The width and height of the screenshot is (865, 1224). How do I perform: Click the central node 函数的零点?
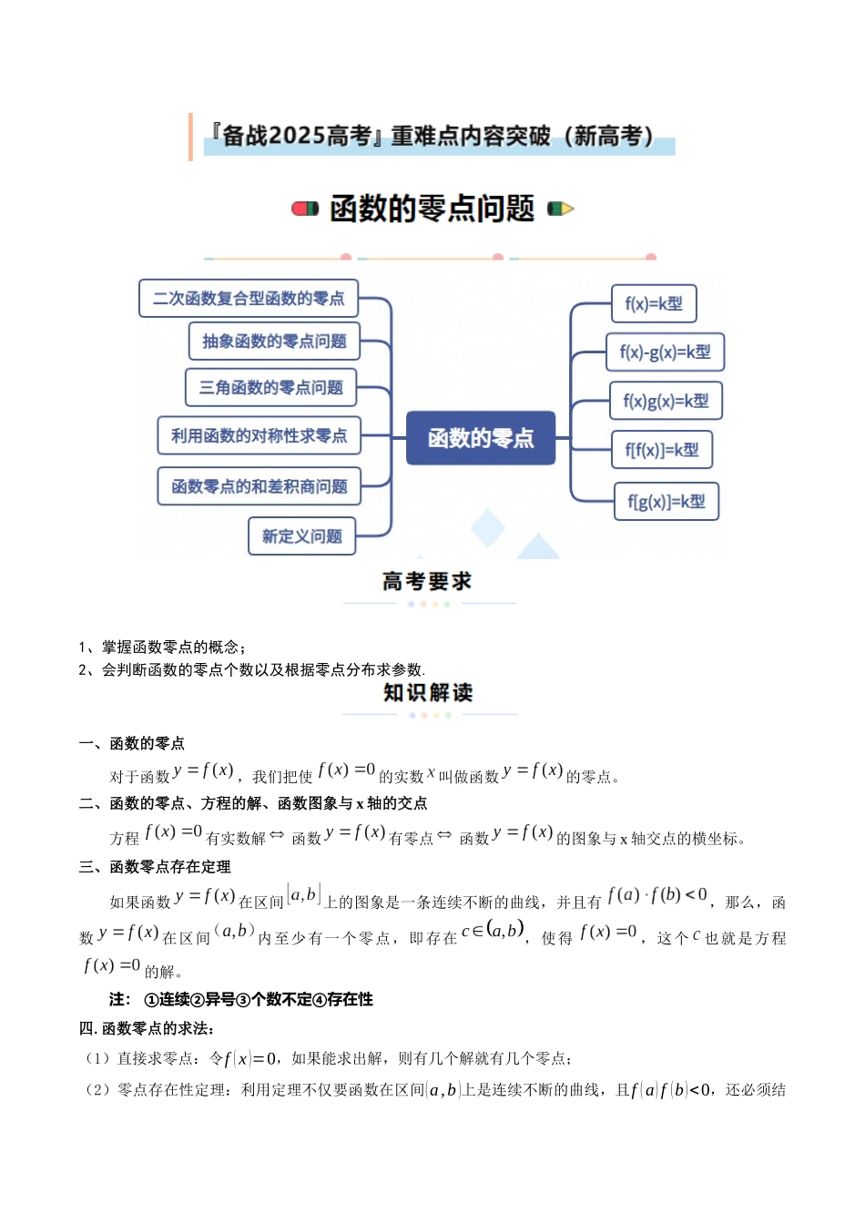click(480, 438)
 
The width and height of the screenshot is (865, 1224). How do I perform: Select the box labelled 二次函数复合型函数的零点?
click(249, 299)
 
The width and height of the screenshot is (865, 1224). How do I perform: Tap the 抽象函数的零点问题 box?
click(274, 342)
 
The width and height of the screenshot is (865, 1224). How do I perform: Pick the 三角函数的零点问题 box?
click(270, 388)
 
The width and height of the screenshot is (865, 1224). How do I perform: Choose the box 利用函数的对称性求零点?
click(259, 436)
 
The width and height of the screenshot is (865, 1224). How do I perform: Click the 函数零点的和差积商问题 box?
click(259, 486)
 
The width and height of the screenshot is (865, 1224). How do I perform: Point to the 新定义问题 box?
click(301, 536)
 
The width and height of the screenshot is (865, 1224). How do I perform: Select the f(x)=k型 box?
click(654, 303)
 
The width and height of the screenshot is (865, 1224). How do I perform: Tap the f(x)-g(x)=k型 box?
click(665, 352)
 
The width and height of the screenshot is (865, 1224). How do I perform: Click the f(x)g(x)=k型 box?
click(666, 401)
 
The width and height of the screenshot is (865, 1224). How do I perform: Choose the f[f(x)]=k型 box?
click(662, 450)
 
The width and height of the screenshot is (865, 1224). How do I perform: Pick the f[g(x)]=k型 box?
click(667, 502)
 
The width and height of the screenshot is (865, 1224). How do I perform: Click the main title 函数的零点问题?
click(432, 209)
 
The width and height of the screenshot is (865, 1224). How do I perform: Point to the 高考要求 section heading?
click(427, 581)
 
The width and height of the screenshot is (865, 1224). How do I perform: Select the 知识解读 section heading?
click(428, 693)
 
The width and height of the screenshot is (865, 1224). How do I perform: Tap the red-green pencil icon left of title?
click(304, 209)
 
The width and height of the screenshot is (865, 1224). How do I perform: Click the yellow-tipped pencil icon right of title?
click(560, 209)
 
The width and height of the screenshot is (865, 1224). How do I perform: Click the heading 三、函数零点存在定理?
click(155, 867)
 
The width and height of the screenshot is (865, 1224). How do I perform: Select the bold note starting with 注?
click(241, 999)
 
